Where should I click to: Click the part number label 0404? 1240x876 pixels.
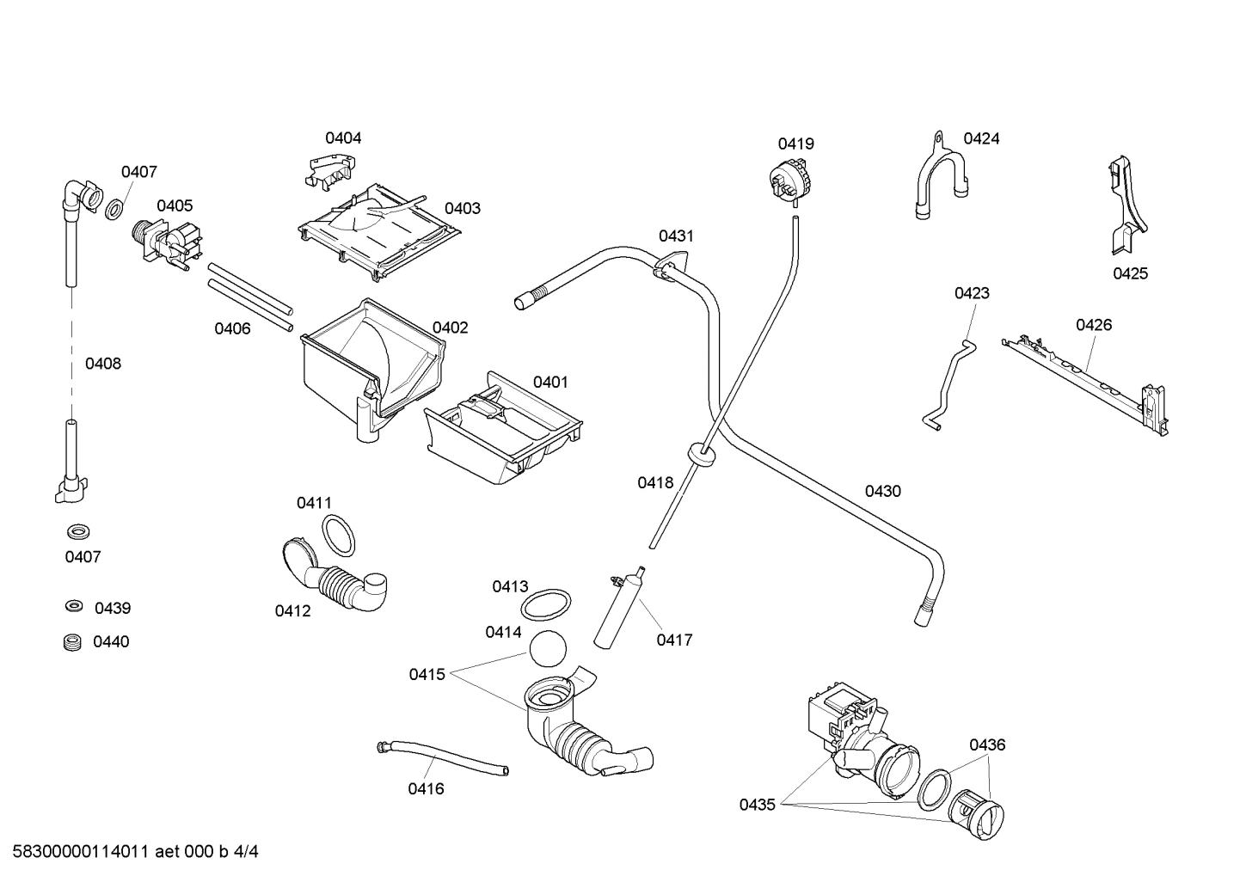343,138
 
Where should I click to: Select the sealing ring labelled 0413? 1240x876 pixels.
546,603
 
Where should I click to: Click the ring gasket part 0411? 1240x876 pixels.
339,537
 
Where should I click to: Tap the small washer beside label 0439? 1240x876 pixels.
74,607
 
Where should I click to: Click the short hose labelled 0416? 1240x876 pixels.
442,757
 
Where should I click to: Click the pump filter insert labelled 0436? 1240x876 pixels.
975,813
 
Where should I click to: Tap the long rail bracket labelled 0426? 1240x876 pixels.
1088,378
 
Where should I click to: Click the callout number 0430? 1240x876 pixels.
882,491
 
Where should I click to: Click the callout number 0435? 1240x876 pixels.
757,805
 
